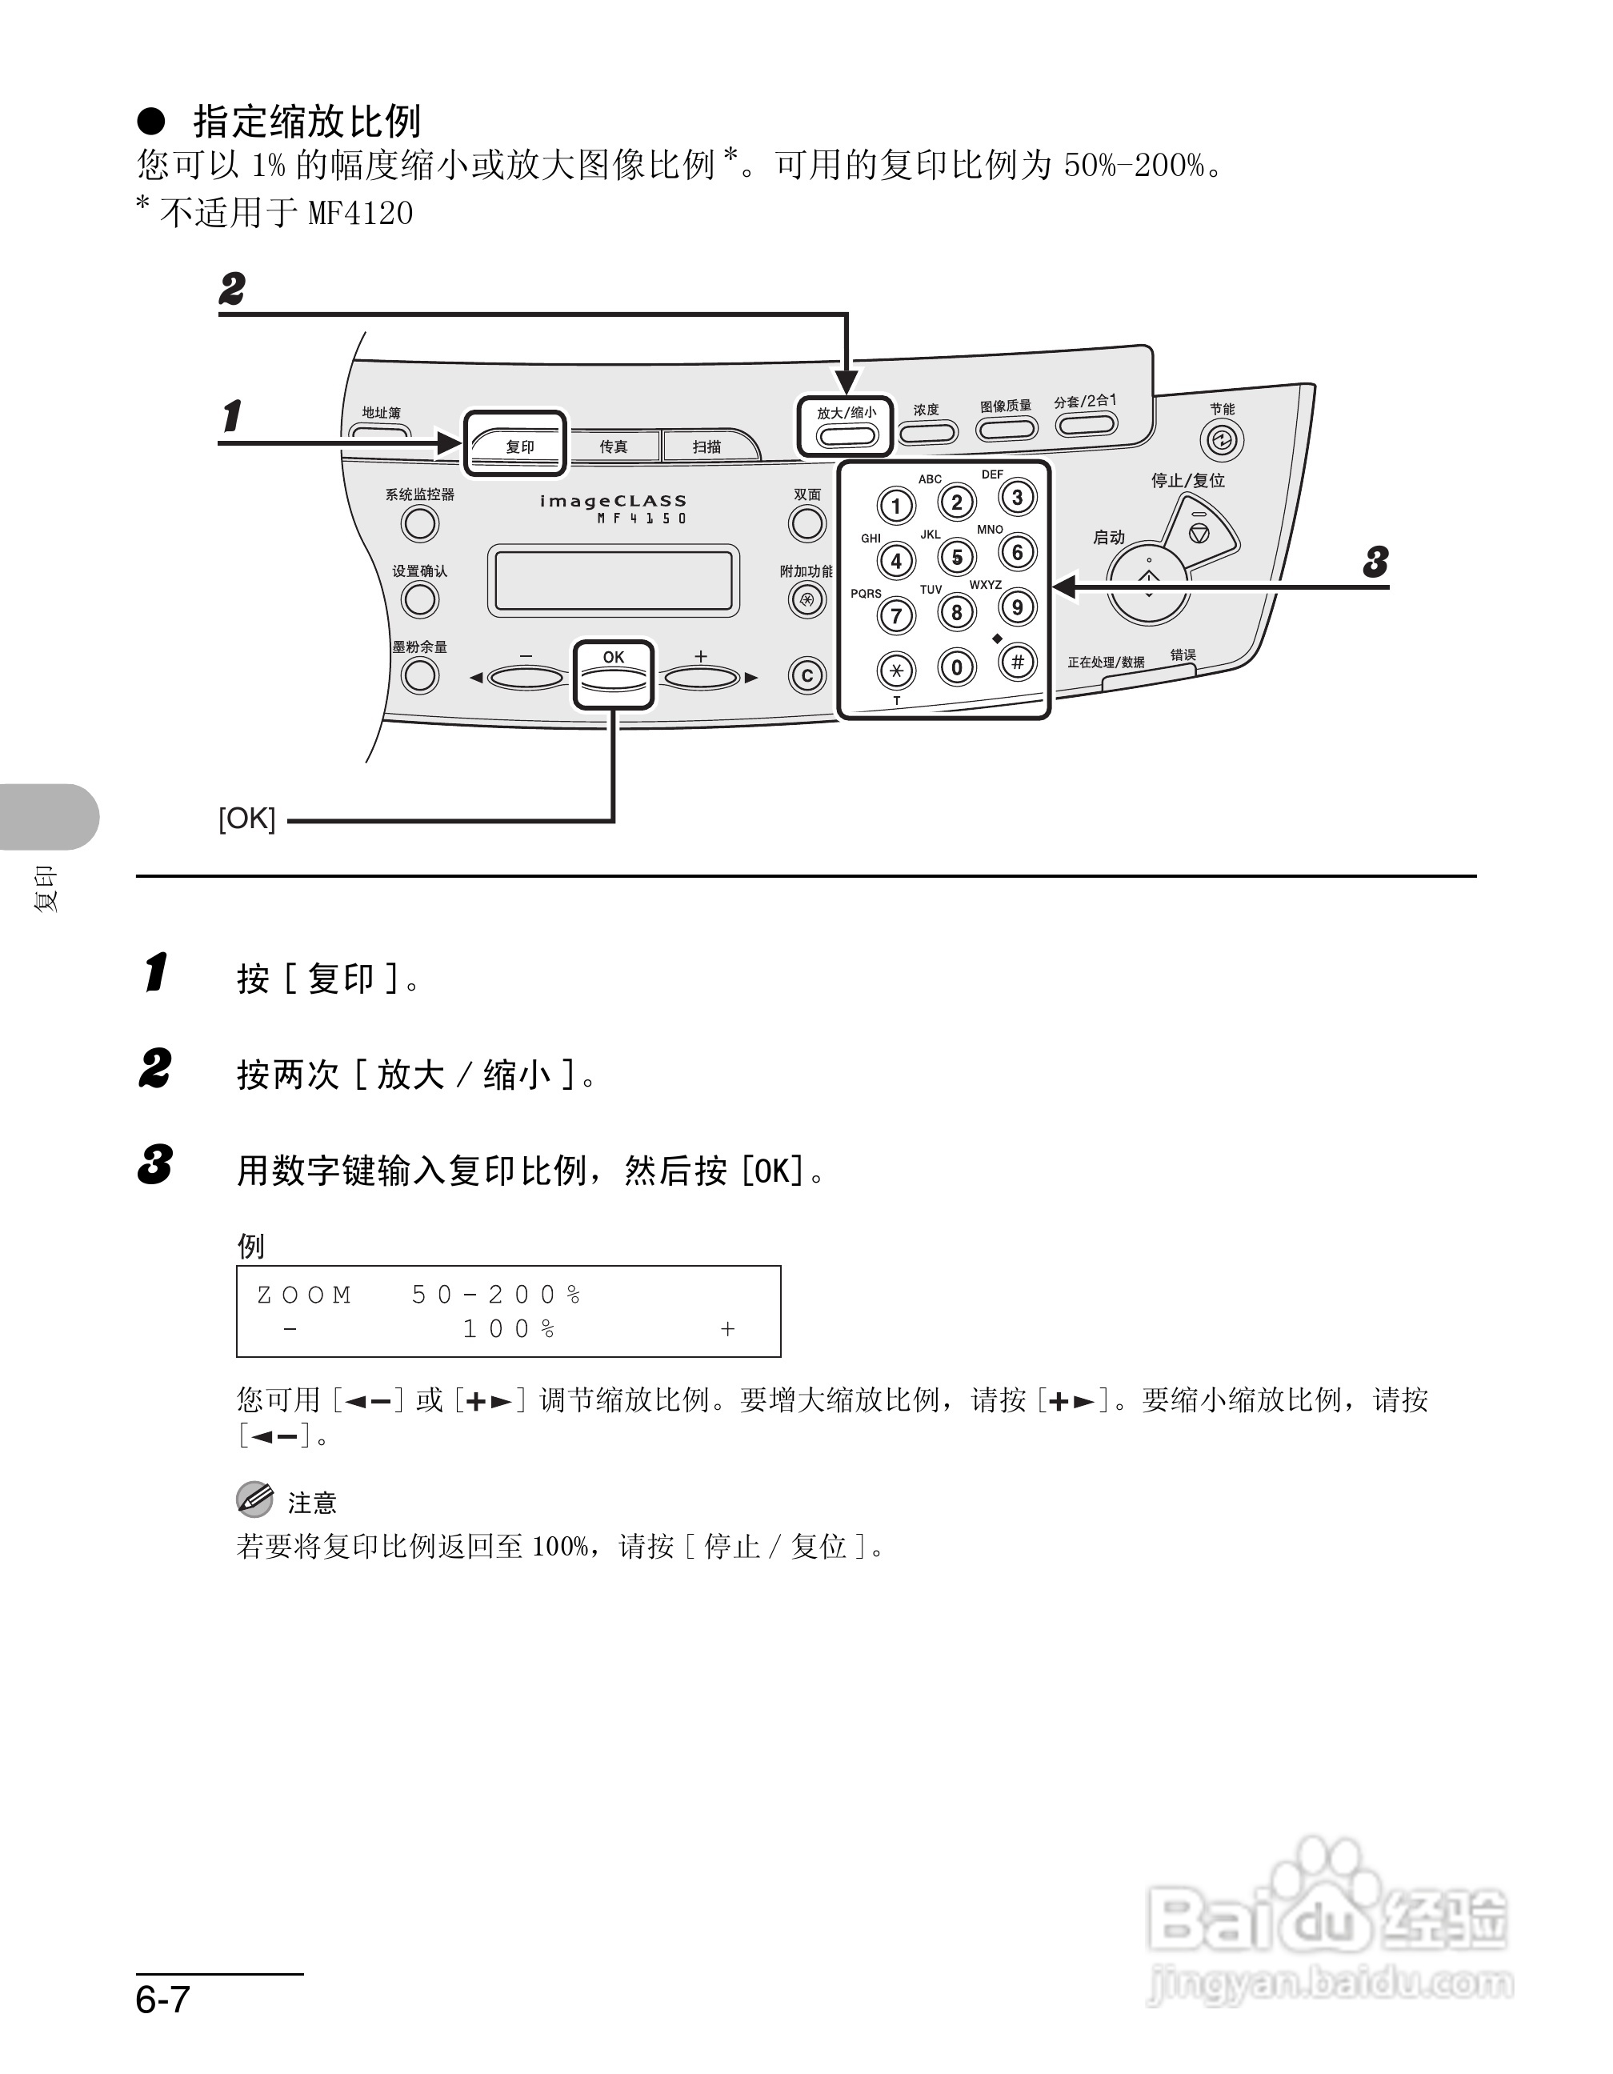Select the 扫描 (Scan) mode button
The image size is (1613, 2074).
pyautogui.click(x=707, y=446)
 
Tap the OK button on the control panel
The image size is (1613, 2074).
pyautogui.click(x=614, y=676)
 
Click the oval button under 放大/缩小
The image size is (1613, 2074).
pyautogui.click(x=846, y=436)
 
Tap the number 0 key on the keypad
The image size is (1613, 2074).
pyautogui.click(x=956, y=667)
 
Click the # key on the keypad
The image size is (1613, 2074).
pyautogui.click(x=1017, y=661)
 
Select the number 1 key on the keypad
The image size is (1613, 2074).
pyautogui.click(x=895, y=505)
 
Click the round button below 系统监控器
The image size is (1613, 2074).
pyautogui.click(x=419, y=523)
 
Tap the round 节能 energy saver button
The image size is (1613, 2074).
pyautogui.click(x=1221, y=439)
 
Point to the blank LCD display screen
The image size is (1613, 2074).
pyautogui.click(x=614, y=580)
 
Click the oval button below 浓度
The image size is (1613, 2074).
pyautogui.click(x=927, y=433)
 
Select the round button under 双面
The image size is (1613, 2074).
pyautogui.click(x=807, y=523)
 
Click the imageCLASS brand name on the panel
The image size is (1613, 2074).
pyautogui.click(x=614, y=500)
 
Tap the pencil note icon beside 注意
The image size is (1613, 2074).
pyautogui.click(x=254, y=1499)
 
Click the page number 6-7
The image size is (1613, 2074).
pyautogui.click(x=163, y=1998)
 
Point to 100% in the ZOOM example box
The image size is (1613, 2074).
pyautogui.click(x=509, y=1328)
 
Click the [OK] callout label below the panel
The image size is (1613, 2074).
pyautogui.click(x=247, y=818)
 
